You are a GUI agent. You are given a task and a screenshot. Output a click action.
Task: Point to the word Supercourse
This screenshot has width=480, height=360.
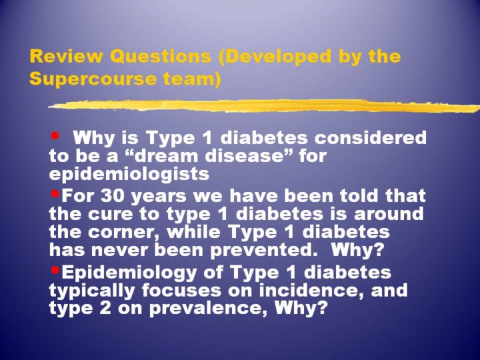coord(93,79)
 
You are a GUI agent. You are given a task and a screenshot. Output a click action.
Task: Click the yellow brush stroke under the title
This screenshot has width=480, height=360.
coord(264,105)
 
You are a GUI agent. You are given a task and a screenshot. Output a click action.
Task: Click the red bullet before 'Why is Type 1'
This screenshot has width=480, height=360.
coord(55,135)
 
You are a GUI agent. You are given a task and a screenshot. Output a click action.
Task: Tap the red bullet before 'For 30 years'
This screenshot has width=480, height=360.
coord(55,193)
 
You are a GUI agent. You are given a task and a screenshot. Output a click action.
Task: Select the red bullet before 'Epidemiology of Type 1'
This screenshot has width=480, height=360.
coord(55,270)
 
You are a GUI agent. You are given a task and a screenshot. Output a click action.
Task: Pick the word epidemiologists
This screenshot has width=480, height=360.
coord(129,175)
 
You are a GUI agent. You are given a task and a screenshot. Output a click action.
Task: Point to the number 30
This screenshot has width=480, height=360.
coord(112,196)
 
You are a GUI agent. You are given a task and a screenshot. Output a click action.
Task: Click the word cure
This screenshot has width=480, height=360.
coord(110,214)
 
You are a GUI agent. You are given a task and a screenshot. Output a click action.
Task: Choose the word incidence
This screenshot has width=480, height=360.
coord(311,290)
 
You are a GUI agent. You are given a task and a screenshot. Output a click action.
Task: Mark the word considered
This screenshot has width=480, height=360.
coord(371,137)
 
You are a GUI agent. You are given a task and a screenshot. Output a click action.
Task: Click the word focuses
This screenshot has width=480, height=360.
coord(181,290)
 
